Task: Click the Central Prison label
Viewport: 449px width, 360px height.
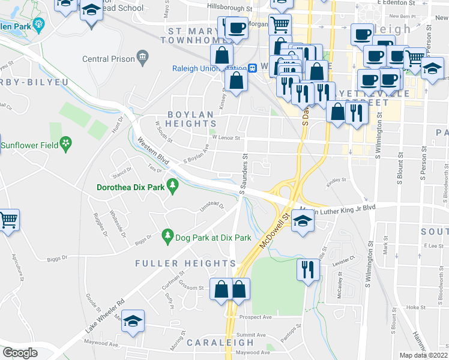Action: (108, 59)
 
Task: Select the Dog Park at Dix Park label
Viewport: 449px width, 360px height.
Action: (212, 238)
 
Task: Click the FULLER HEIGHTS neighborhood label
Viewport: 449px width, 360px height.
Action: (185, 263)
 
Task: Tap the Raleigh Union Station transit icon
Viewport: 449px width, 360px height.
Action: (253, 68)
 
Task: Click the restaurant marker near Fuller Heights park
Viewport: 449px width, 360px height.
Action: (306, 269)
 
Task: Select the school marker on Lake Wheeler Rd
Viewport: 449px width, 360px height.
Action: (133, 321)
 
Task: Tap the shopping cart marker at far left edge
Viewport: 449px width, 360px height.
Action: (8, 220)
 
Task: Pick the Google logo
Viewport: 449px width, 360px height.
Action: (20, 353)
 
